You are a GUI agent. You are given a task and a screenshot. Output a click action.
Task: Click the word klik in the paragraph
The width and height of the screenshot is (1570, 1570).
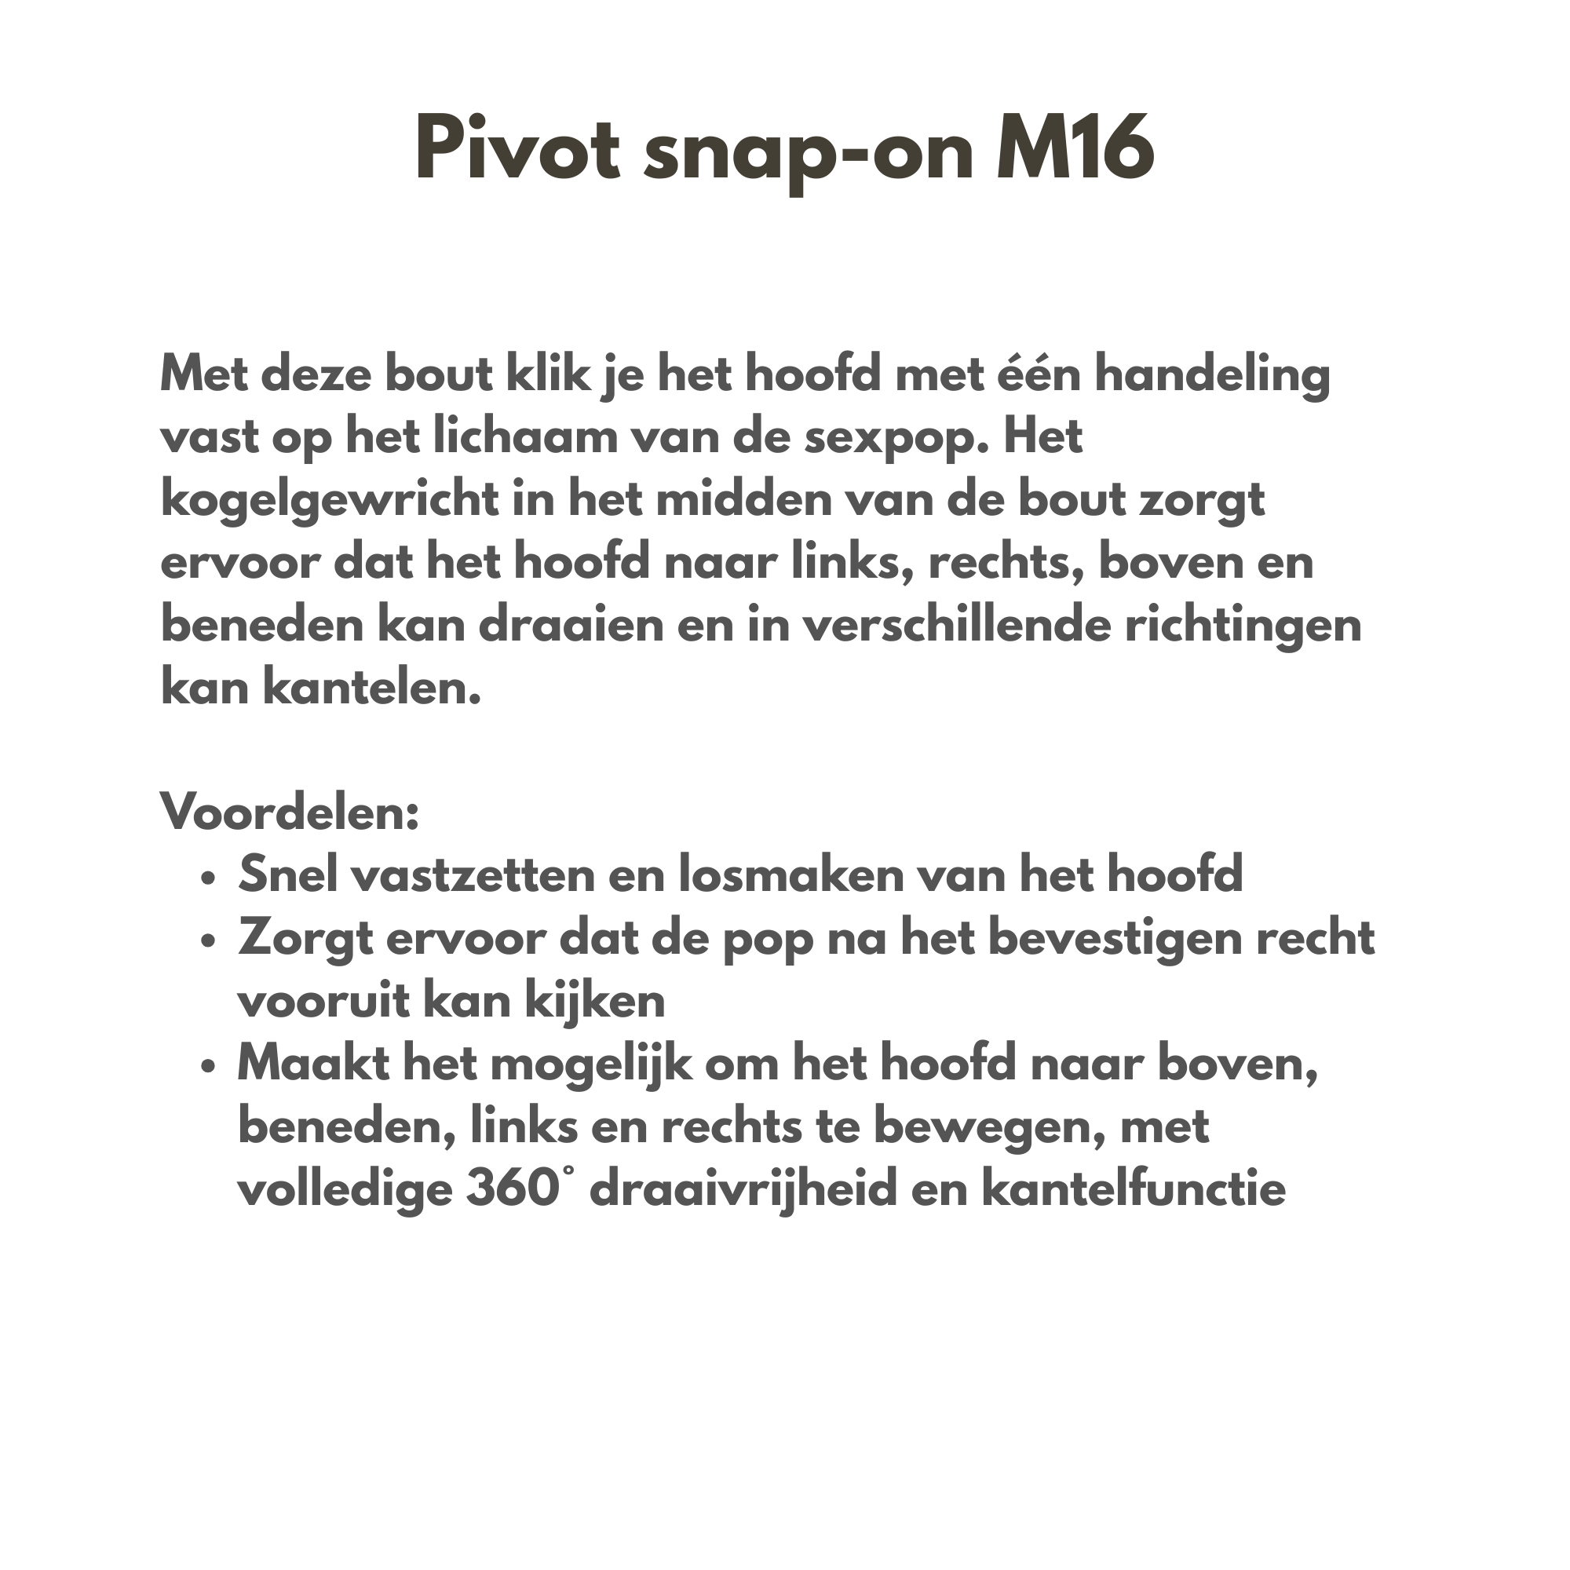[x=548, y=374]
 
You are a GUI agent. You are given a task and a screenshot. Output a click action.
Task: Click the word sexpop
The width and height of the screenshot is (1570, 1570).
[x=897, y=439]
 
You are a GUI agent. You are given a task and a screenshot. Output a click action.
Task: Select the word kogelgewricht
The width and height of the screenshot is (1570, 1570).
[x=329, y=502]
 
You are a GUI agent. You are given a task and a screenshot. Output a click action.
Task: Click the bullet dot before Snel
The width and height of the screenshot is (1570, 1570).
[x=210, y=880]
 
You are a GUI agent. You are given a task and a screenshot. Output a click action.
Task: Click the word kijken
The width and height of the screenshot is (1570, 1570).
[x=594, y=1002]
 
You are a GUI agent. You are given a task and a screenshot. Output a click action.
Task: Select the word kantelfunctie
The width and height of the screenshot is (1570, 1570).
[x=1134, y=1190]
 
